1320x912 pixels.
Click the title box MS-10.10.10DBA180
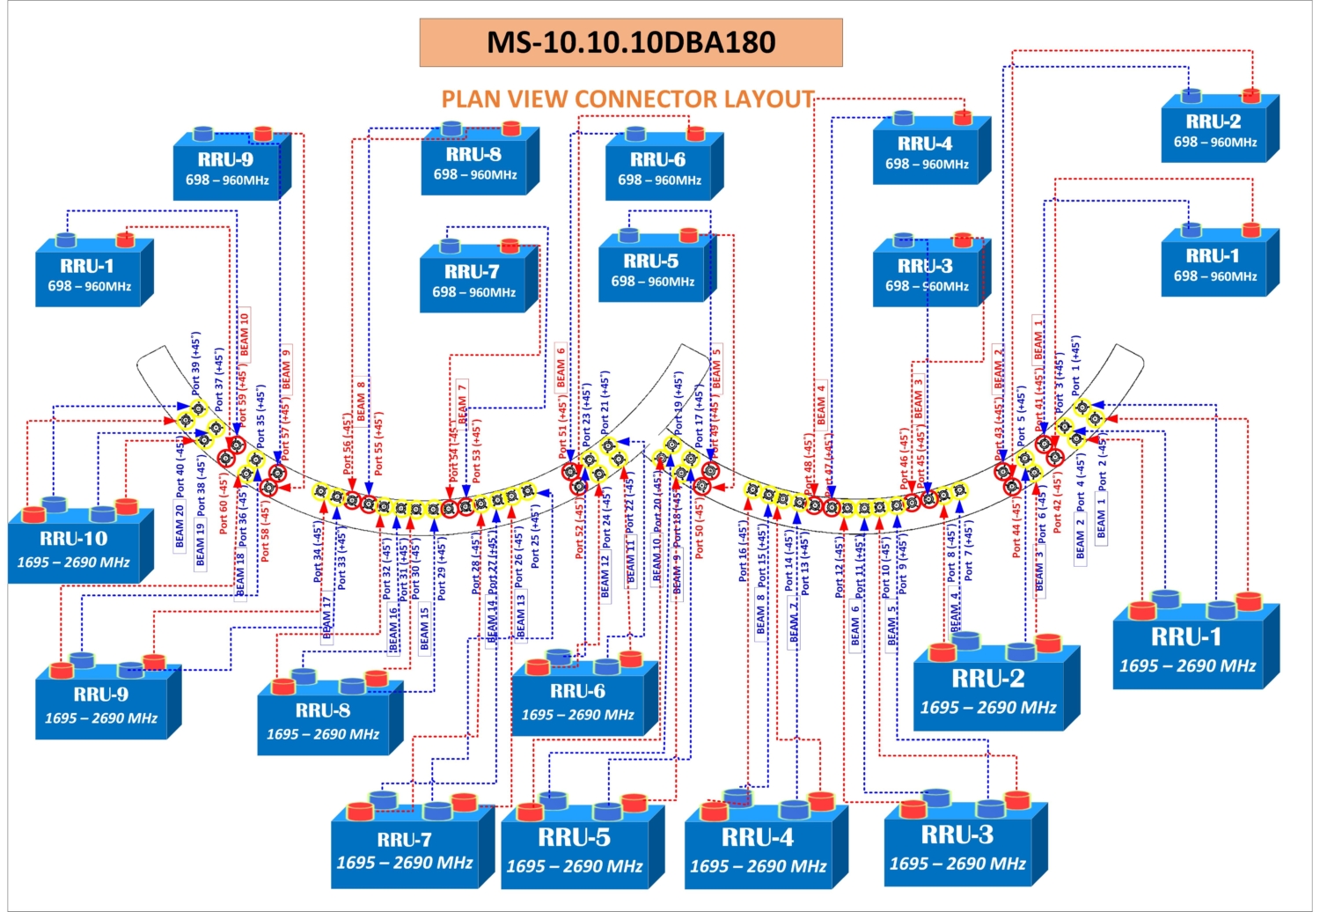(x=630, y=42)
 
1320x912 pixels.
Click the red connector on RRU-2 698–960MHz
(x=1250, y=95)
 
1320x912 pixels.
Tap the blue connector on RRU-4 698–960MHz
(x=903, y=117)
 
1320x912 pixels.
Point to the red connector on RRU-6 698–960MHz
(x=695, y=134)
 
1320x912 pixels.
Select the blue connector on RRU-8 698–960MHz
(x=452, y=129)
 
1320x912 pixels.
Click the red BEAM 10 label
(x=245, y=335)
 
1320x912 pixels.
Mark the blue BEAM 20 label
(x=180, y=526)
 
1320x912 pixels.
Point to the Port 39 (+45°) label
(x=195, y=363)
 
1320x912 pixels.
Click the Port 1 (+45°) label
(x=1075, y=364)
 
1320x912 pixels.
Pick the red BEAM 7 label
(x=462, y=401)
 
